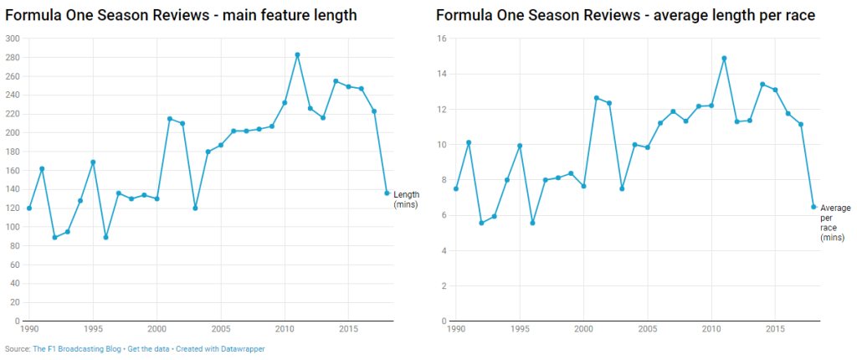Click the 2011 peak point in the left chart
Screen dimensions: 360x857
click(297, 54)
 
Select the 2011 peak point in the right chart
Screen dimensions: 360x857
click(724, 59)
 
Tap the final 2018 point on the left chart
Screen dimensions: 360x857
click(387, 193)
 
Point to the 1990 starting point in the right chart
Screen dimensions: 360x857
click(455, 188)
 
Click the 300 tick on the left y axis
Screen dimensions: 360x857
click(13, 39)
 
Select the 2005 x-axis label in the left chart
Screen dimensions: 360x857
click(221, 329)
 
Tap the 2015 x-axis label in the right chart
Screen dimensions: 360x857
click(775, 329)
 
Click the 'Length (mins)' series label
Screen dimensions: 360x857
click(406, 199)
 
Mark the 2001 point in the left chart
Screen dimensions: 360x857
click(170, 119)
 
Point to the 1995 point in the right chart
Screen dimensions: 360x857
click(520, 146)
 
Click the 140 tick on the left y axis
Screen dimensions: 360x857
click(13, 189)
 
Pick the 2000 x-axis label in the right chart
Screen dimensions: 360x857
click(583, 329)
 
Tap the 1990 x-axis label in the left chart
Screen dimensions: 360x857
click(30, 329)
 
